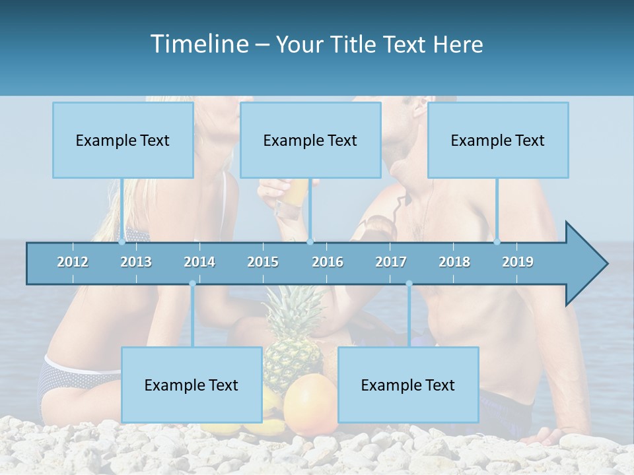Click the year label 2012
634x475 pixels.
[x=73, y=262]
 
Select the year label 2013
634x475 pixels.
[x=136, y=262]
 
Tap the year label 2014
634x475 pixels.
[x=199, y=262]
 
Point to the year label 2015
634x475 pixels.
[x=263, y=262]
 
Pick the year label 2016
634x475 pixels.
[x=328, y=262]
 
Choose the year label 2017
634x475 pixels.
[x=391, y=262]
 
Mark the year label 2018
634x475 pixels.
[x=454, y=262]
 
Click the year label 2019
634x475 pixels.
[x=518, y=262]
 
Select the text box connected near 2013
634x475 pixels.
[x=123, y=140]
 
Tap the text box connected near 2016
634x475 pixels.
[x=310, y=140]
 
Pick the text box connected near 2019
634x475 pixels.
[x=498, y=140]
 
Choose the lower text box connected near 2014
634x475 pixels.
[x=192, y=385]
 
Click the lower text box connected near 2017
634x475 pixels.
[x=408, y=385]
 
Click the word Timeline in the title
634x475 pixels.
[x=199, y=44]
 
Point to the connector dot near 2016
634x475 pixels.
[x=310, y=241]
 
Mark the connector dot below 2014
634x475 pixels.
[x=192, y=284]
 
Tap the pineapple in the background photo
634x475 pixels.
[x=294, y=336]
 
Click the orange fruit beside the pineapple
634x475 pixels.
[x=310, y=402]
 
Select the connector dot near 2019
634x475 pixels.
[x=497, y=241]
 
